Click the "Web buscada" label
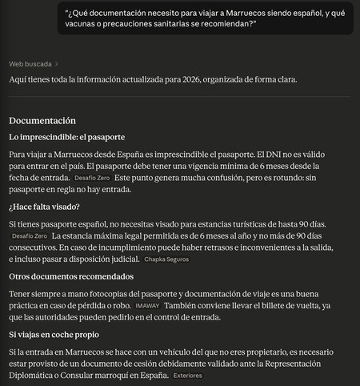(x=30, y=63)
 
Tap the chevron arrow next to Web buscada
(x=57, y=63)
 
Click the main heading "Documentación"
(x=42, y=121)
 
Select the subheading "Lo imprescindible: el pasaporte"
(x=66, y=137)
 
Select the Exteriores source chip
(x=187, y=376)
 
